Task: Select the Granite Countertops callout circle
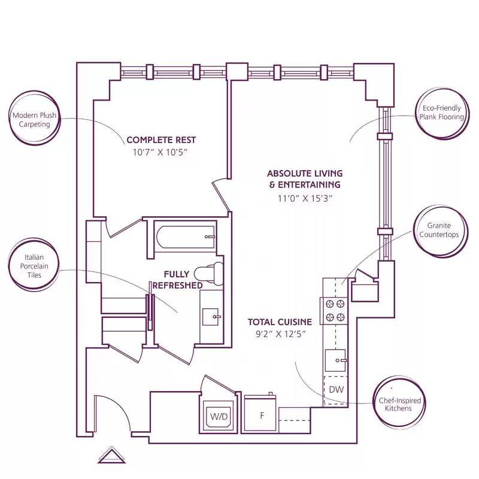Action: [x=443, y=231]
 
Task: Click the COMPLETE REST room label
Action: [x=161, y=140]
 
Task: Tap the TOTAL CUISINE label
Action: [x=280, y=322]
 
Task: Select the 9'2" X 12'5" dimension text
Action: [x=280, y=334]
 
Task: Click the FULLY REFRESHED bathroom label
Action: [x=178, y=280]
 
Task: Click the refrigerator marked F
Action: [x=260, y=414]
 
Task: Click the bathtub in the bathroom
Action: [x=185, y=237]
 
